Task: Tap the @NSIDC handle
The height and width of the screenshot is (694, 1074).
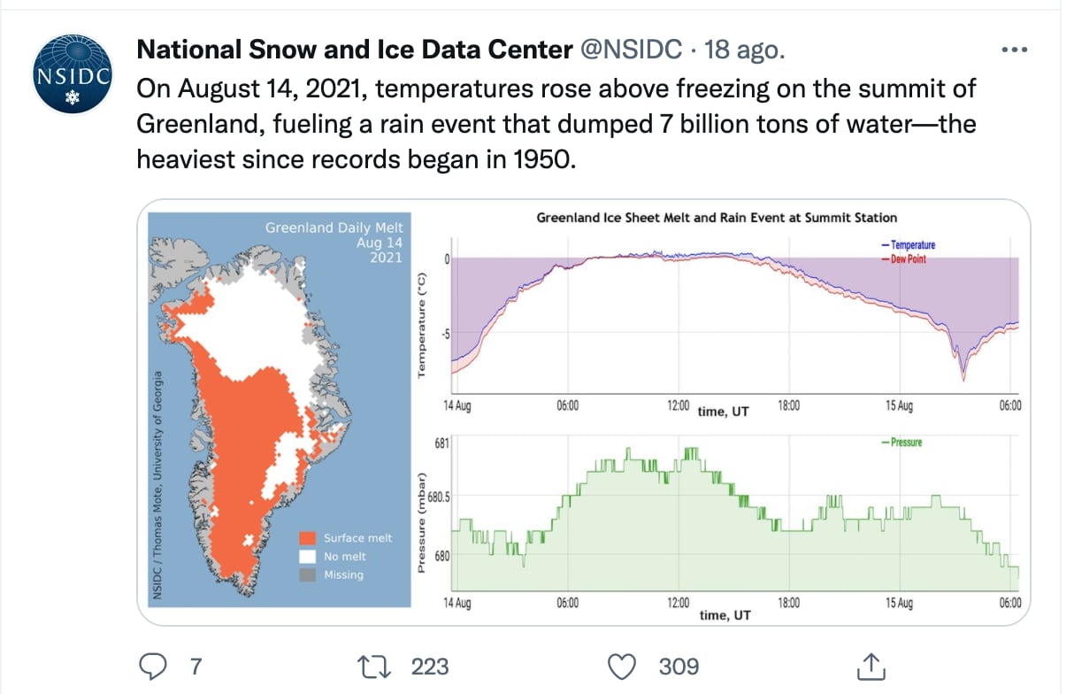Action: click(x=631, y=50)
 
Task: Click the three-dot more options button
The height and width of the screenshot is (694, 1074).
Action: click(x=1014, y=50)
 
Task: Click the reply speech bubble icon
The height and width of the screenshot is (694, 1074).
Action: click(x=154, y=664)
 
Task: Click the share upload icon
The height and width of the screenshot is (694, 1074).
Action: click(x=870, y=664)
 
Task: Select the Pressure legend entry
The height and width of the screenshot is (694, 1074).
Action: click(x=905, y=442)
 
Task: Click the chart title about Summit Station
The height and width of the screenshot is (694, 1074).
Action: click(x=717, y=217)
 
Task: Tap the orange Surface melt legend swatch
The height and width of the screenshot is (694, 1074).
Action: click(x=308, y=538)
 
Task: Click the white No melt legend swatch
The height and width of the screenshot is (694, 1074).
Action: click(x=308, y=556)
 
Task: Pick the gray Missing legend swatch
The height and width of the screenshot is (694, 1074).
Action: click(x=308, y=574)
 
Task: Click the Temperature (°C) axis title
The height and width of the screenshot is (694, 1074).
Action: click(x=421, y=326)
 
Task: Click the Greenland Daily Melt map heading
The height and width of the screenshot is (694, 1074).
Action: click(x=334, y=227)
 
